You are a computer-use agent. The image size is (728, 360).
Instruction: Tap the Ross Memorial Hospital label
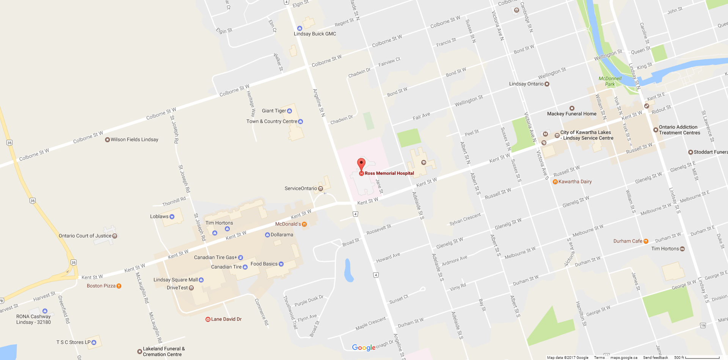coord(389,173)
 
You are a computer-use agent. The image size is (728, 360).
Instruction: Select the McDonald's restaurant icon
coord(304,224)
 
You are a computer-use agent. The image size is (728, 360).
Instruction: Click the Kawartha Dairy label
coord(575,182)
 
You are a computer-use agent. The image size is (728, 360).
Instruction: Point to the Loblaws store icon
coord(172,217)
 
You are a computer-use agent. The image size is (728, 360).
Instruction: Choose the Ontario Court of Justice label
coord(85,236)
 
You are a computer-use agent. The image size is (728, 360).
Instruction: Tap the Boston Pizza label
coord(101,286)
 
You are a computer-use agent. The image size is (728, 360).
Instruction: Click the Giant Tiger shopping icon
coord(290,111)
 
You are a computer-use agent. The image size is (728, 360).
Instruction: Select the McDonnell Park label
coord(610,81)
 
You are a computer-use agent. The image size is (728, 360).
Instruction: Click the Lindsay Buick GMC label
coord(315,34)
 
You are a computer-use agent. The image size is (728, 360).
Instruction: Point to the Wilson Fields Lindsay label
coord(134,139)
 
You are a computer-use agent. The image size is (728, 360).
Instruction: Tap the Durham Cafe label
coord(628,241)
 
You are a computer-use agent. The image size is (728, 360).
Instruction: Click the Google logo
coord(363,347)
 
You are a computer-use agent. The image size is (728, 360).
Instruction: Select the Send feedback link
coord(655,357)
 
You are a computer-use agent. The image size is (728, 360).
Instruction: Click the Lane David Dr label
coord(226,319)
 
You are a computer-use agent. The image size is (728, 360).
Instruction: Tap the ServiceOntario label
coord(301,188)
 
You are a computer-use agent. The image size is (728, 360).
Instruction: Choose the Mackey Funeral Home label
coord(571,114)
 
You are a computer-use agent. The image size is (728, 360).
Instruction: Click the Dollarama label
coord(282,235)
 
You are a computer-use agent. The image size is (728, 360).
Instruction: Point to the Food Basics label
coord(264,264)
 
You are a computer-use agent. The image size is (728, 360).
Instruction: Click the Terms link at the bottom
coord(599,357)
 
